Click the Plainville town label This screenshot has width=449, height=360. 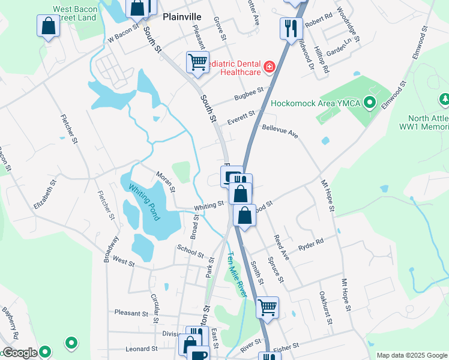point(182,17)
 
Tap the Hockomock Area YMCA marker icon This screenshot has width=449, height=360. point(370,103)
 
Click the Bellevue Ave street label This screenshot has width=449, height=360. point(280,131)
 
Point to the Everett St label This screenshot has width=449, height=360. point(241,118)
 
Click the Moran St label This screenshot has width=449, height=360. point(165,181)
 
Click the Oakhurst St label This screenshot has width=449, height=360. point(326,307)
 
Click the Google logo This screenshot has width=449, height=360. point(19,353)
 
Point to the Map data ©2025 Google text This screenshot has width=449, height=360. point(412,355)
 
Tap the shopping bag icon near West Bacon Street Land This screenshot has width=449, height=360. point(48,26)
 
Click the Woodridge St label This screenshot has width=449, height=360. point(348,24)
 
